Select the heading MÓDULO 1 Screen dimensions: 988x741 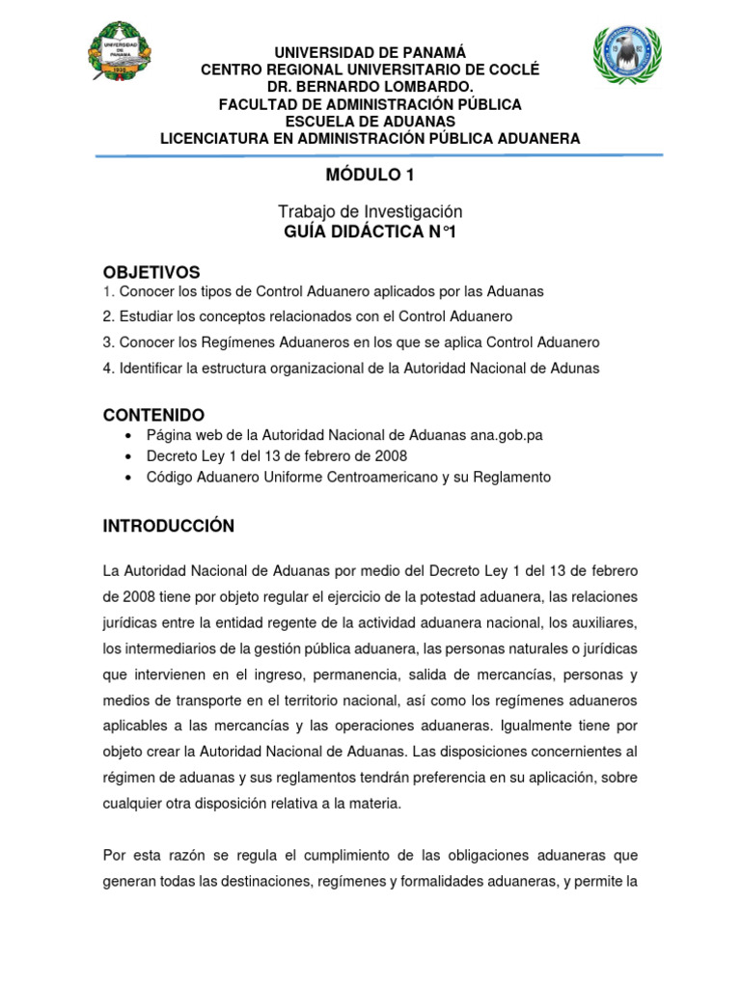coord(370,175)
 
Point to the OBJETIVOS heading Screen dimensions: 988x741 coord(151,272)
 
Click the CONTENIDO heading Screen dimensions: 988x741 coord(153,415)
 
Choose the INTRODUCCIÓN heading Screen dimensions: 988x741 coord(169,526)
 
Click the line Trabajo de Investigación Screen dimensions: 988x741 coord(370,210)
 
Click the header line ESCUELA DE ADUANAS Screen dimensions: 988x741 coord(370,121)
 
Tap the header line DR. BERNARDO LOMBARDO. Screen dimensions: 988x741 coord(370,87)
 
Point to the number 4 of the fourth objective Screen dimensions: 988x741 coord(107,368)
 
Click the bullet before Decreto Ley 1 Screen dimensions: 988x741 coord(128,456)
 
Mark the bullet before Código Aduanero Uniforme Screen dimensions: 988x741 coord(128,478)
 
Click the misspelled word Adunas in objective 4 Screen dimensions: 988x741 coord(577,368)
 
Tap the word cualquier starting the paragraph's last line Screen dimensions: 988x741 coord(132,802)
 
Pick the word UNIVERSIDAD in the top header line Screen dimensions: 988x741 coord(318,52)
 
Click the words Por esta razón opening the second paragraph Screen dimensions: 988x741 coord(149,855)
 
